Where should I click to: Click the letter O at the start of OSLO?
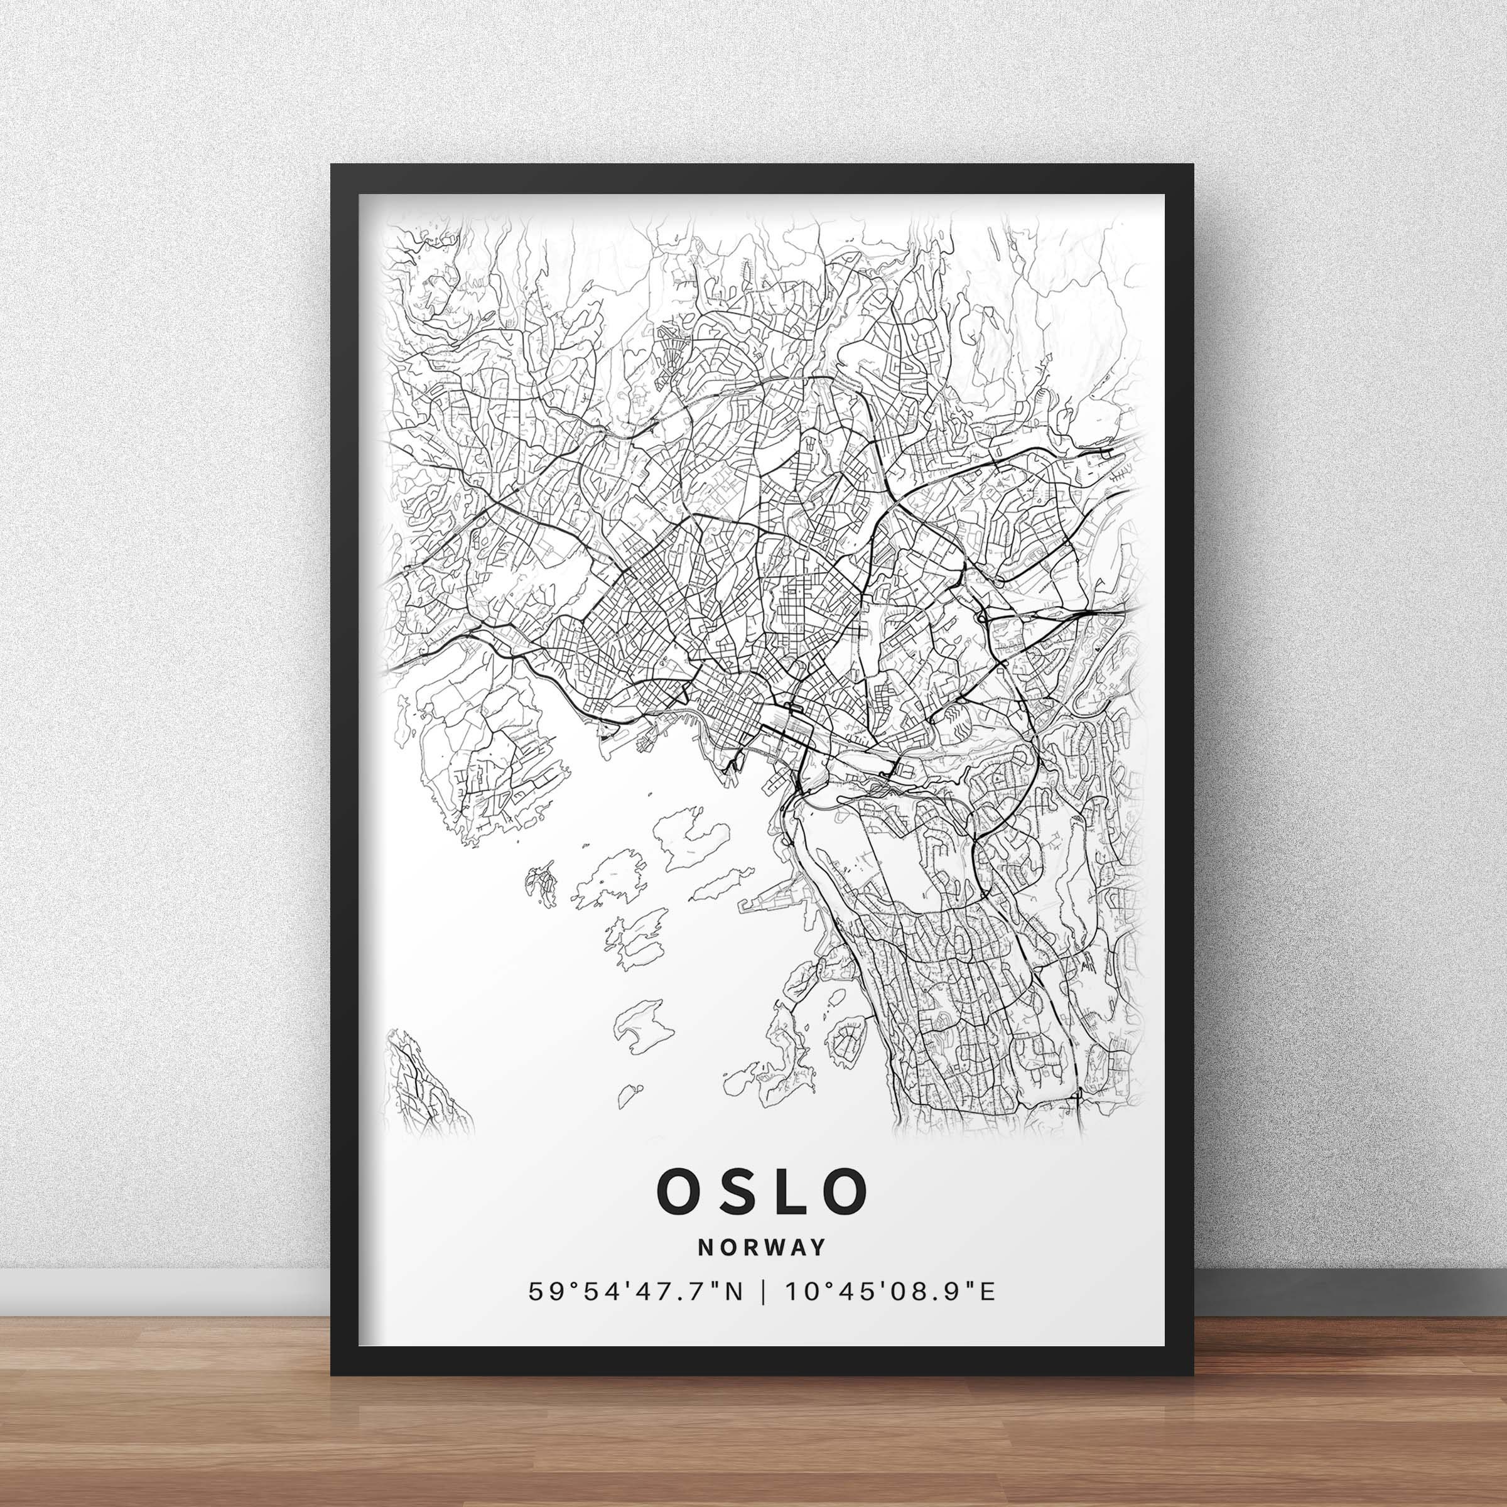pyautogui.click(x=683, y=1213)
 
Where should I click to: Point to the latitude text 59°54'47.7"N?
pyautogui.click(x=635, y=1314)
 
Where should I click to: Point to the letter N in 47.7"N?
pyautogui.click(x=733, y=1314)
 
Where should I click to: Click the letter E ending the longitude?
pyautogui.click(x=988, y=1314)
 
